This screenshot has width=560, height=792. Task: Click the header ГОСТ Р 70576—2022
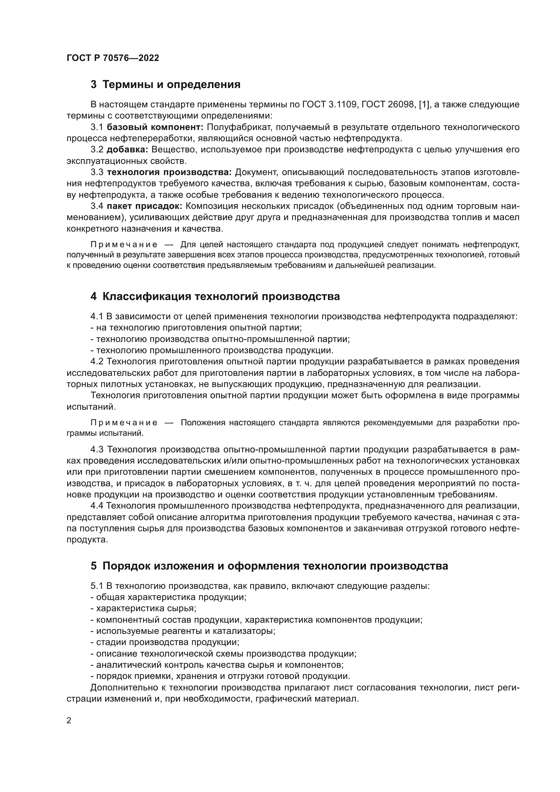pyautogui.click(x=113, y=58)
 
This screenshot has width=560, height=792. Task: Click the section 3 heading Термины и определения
pyautogui.click(x=166, y=85)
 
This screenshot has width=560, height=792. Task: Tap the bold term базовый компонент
pyautogui.click(x=155, y=127)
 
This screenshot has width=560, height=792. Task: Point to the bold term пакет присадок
pyautogui.click(x=145, y=206)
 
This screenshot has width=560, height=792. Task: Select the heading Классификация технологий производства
pyautogui.click(x=215, y=296)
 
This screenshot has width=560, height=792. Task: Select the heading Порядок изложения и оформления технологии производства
pyautogui.click(x=269, y=566)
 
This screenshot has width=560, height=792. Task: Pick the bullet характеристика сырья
pyautogui.click(x=144, y=608)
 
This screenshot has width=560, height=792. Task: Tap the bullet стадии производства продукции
pyautogui.click(x=165, y=642)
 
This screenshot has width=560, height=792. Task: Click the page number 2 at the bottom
pyautogui.click(x=69, y=721)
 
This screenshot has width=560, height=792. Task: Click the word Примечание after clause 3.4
pyautogui.click(x=124, y=245)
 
